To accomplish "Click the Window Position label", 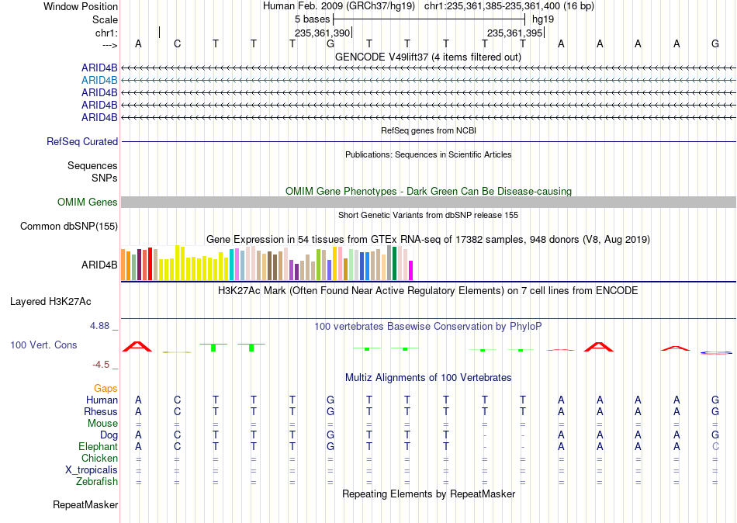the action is tap(81, 6).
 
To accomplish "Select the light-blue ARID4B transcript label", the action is tap(99, 81).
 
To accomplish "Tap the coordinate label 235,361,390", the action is tap(323, 33).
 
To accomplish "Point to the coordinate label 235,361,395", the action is tap(514, 33).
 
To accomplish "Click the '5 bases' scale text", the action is tap(312, 19).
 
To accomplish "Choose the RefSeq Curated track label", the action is tap(82, 141).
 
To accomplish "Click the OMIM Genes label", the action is tap(88, 203).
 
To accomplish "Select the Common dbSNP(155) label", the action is tap(69, 227).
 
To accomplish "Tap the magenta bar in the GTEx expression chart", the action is tap(411, 271).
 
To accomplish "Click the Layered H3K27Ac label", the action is tap(50, 302).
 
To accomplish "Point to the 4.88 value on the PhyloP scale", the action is tap(99, 325).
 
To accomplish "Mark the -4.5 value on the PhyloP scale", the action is tap(101, 365).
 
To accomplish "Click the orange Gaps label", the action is tap(106, 389).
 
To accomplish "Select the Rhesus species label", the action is tap(101, 411).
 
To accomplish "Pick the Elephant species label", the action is tap(99, 447).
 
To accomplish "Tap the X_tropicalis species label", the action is tap(92, 470).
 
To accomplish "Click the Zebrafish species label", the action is tap(97, 482).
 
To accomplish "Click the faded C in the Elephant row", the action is tap(715, 447).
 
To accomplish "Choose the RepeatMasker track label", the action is tap(85, 504).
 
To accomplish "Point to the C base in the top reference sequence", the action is tap(177, 43).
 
